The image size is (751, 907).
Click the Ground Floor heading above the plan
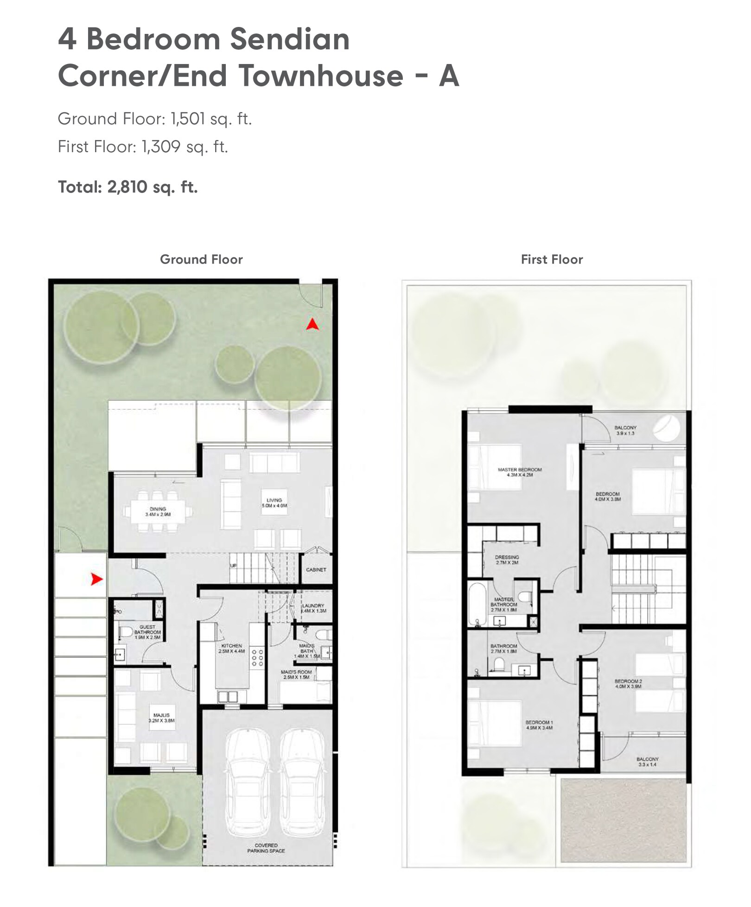click(201, 259)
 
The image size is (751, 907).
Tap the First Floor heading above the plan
click(552, 259)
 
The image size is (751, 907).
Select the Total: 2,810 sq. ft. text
click(128, 187)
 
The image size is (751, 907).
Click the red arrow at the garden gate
click(312, 324)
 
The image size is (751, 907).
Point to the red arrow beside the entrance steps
click(96, 579)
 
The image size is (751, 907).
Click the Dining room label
click(158, 512)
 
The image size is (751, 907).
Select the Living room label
click(274, 503)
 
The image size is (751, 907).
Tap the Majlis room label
click(161, 718)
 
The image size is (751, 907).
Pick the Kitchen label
click(232, 648)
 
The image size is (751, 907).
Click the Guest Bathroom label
click(147, 632)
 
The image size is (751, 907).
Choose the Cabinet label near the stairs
click(316, 570)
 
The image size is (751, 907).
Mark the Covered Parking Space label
click(266, 848)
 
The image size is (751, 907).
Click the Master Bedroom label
click(520, 472)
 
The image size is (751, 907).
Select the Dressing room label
click(507, 560)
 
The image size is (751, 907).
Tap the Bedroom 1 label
click(539, 725)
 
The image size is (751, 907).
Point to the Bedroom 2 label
click(628, 683)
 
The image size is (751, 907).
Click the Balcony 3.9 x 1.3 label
click(625, 430)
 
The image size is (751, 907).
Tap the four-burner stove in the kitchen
click(258, 658)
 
